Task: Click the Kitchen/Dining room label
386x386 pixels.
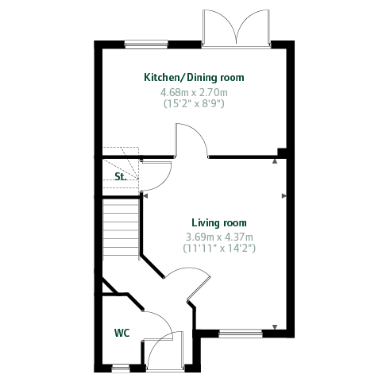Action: point(194,77)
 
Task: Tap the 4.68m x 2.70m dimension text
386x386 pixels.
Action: point(194,92)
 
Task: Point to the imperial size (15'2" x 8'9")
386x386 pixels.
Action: point(194,103)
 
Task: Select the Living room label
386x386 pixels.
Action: point(219,222)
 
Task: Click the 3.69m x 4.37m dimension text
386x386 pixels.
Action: point(219,237)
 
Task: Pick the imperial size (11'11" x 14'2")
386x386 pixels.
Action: point(219,248)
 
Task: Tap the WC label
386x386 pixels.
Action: point(122,333)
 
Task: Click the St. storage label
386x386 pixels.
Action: point(121,176)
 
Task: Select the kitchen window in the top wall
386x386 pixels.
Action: point(146,44)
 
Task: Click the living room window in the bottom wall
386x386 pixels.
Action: point(241,334)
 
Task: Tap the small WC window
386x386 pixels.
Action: point(121,369)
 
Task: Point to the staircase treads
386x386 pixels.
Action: point(121,230)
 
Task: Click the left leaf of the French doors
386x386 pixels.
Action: point(220,26)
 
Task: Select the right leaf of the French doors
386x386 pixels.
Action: point(253,26)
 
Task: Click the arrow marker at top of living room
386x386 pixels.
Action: point(275,161)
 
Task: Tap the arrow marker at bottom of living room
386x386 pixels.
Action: point(275,327)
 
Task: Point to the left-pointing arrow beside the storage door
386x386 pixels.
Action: point(145,196)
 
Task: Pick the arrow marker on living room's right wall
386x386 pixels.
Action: point(284,196)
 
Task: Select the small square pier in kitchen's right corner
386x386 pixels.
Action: point(282,152)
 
